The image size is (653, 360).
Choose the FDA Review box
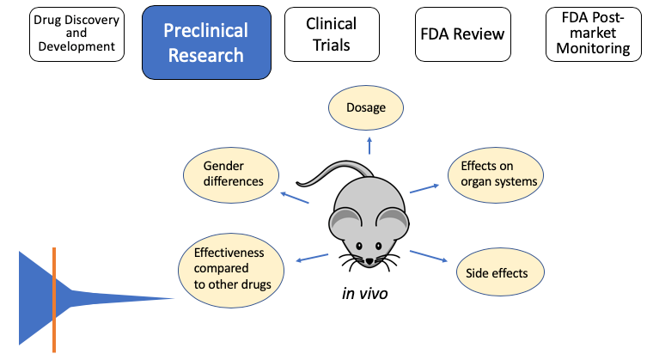(x=462, y=35)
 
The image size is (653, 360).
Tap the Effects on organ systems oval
(x=498, y=174)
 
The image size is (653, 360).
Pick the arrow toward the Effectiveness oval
(x=311, y=257)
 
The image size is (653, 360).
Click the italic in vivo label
(x=365, y=294)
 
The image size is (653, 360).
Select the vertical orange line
(x=54, y=299)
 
